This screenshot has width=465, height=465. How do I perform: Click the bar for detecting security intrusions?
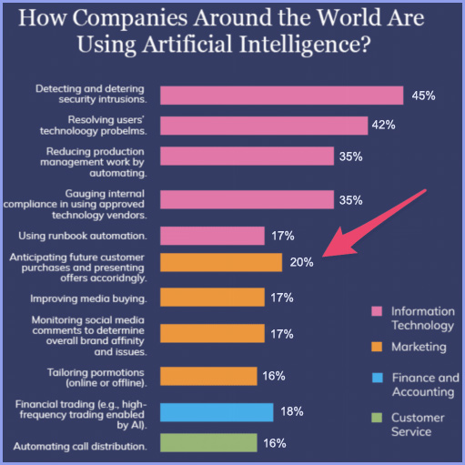(281, 96)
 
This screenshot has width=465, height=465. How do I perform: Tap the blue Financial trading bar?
(217, 412)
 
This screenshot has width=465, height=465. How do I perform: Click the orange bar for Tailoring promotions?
(212, 376)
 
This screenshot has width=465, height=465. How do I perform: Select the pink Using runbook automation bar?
(212, 237)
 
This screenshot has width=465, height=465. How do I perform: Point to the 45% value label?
(424, 96)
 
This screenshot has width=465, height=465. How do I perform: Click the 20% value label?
(302, 262)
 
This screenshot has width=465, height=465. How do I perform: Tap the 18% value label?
(292, 412)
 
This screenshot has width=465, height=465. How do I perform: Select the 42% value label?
(382, 126)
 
